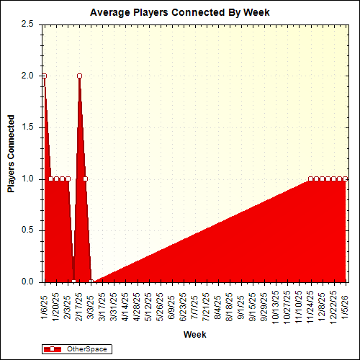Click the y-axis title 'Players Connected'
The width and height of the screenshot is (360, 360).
click(x=12, y=153)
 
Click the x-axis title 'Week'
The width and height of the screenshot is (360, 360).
click(x=194, y=335)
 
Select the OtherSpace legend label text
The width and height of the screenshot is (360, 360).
click(x=86, y=349)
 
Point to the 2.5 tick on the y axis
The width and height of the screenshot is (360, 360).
click(x=27, y=24)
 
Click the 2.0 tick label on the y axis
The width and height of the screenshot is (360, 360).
click(x=27, y=76)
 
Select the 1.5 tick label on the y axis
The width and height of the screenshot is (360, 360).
click(x=27, y=127)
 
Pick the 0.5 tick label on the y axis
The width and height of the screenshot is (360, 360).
click(x=27, y=230)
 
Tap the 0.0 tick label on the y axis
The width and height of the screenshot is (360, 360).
click(x=27, y=282)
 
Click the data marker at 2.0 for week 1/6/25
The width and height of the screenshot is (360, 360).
click(x=44, y=76)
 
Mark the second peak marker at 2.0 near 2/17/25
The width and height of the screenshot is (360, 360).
click(x=79, y=76)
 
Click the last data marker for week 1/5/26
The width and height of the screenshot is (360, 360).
click(x=346, y=179)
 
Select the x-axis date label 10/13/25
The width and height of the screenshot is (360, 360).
click(x=276, y=305)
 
